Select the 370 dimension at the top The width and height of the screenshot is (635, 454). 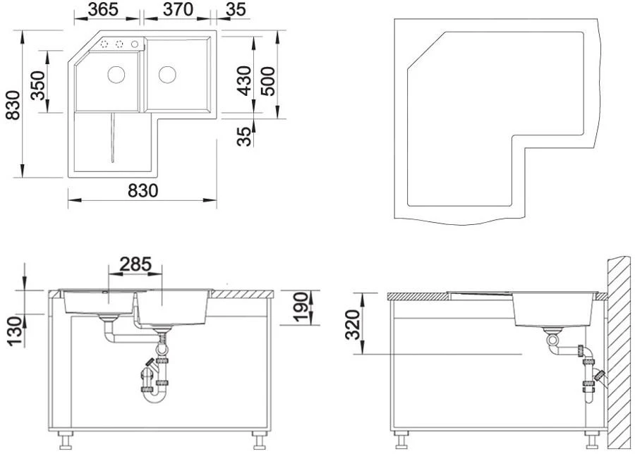176,10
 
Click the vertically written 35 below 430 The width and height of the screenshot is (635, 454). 243,135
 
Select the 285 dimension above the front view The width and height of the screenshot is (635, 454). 135,264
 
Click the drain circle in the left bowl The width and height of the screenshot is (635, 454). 116,73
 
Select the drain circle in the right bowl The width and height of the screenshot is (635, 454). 167,73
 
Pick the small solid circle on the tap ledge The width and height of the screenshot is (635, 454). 134,44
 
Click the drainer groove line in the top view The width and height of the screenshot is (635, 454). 111,137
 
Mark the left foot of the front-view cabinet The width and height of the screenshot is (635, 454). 66,442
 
